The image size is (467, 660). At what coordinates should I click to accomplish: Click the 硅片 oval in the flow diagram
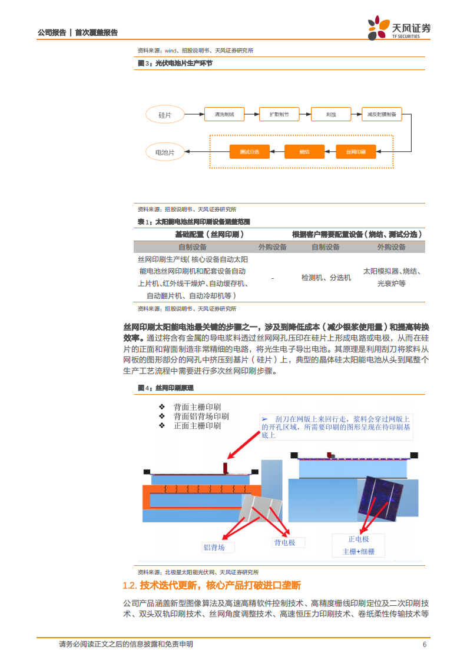coord(165,115)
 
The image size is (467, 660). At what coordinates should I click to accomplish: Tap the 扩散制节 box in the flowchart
coord(279,115)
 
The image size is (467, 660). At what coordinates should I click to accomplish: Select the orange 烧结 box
coord(304,152)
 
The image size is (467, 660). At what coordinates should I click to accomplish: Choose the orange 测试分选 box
coord(249,152)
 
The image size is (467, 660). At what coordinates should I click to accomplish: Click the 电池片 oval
coord(165,152)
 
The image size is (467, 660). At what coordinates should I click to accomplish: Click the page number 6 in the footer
coord(424,644)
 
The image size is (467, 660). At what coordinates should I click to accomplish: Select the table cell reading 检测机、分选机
coord(326,277)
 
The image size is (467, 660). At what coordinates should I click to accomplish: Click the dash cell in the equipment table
coord(272,277)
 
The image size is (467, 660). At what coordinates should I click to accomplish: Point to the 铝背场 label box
coord(214,547)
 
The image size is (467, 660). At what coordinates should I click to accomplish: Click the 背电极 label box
coord(284,542)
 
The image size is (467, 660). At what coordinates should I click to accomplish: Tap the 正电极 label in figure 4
coord(358,539)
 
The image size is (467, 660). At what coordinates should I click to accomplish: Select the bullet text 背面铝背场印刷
coord(201,416)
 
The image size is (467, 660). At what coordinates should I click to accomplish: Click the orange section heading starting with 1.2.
coord(211,585)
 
